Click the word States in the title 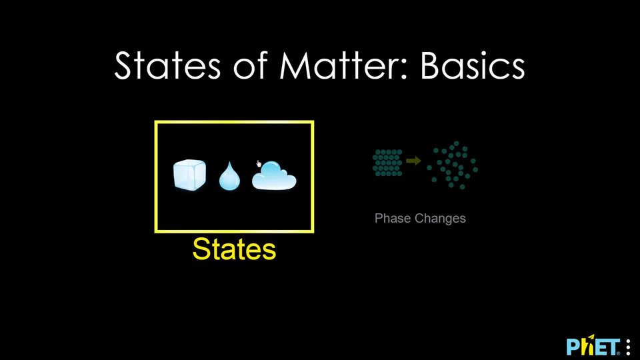(167, 65)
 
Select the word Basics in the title (472, 65)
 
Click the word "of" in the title (250, 65)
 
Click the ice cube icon (189, 175)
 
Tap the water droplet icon (229, 176)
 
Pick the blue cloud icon (274, 175)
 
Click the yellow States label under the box (234, 249)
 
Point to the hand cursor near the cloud (259, 164)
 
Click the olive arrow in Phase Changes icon (413, 161)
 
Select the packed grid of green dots (387, 163)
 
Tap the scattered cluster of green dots (452, 165)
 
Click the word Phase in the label (393, 219)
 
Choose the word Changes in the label (440, 219)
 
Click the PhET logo (593, 347)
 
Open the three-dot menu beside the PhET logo (628, 347)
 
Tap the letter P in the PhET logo (573, 347)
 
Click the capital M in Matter (294, 65)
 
